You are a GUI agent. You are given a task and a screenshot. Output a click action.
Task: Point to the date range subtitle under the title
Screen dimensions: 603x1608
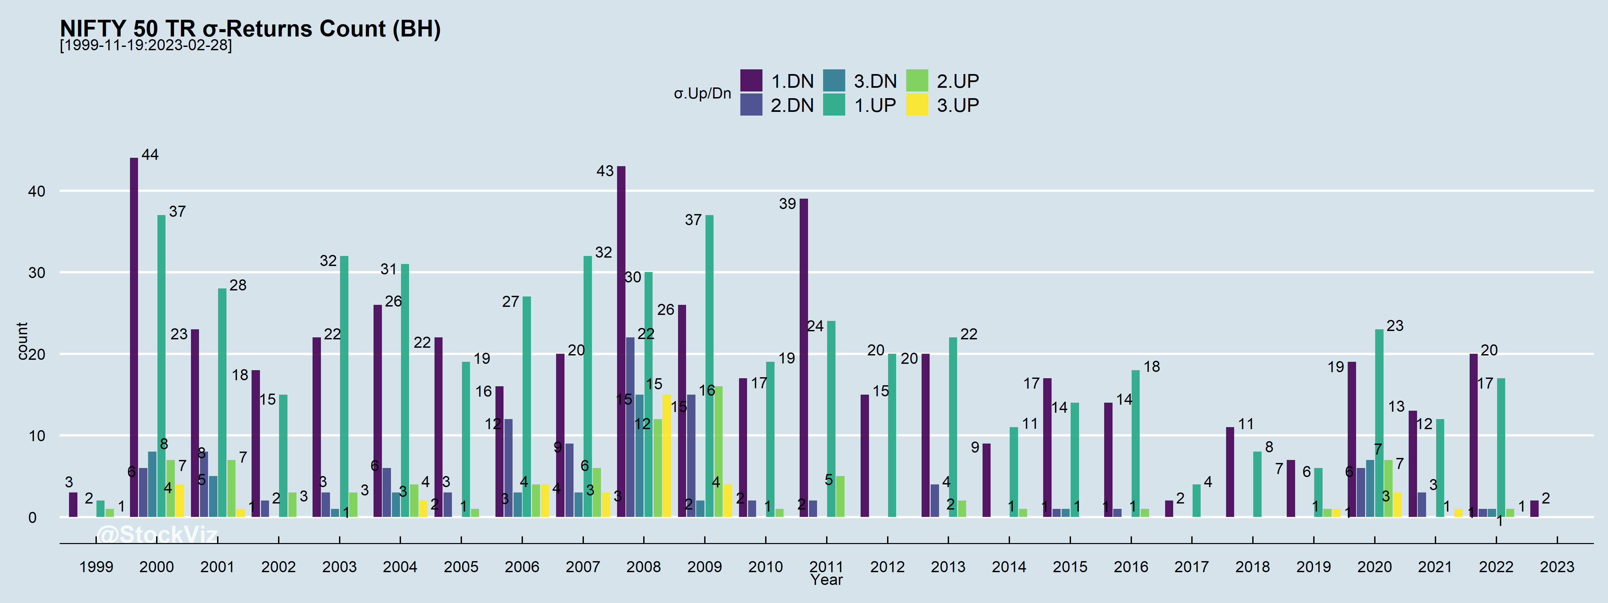(x=145, y=46)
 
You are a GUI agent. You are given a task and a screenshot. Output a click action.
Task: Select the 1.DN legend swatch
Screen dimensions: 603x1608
(x=751, y=80)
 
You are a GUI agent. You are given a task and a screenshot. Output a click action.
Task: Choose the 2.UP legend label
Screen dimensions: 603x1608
(x=957, y=81)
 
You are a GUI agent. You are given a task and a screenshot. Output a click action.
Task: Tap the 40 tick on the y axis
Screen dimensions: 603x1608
(x=37, y=191)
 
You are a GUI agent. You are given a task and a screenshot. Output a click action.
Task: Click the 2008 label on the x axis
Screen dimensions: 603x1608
(x=644, y=567)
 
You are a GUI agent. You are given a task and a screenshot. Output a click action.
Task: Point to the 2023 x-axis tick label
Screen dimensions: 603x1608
(x=1557, y=567)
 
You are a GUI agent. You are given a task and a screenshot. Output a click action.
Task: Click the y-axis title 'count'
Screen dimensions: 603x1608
(x=22, y=341)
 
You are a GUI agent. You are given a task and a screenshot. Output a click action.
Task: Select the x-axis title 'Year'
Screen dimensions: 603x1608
(x=826, y=580)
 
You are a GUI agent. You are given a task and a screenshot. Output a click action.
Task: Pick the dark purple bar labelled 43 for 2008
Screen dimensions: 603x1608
(x=621, y=341)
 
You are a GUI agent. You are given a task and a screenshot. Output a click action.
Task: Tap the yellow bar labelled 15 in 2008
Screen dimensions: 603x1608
(x=667, y=456)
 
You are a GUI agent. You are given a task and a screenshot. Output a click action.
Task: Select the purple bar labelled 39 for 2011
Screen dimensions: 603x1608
(x=803, y=358)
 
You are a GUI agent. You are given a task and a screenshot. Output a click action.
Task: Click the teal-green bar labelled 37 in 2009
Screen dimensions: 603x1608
(x=709, y=366)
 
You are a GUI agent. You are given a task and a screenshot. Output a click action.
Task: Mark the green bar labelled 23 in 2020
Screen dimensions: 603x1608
(x=1379, y=423)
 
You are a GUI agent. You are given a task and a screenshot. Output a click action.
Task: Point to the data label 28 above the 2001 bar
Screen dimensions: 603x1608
(x=238, y=285)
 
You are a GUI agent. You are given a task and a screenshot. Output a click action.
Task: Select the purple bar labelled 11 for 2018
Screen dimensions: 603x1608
(x=1230, y=472)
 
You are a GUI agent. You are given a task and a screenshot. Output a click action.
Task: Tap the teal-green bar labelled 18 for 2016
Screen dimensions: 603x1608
(x=1135, y=443)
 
